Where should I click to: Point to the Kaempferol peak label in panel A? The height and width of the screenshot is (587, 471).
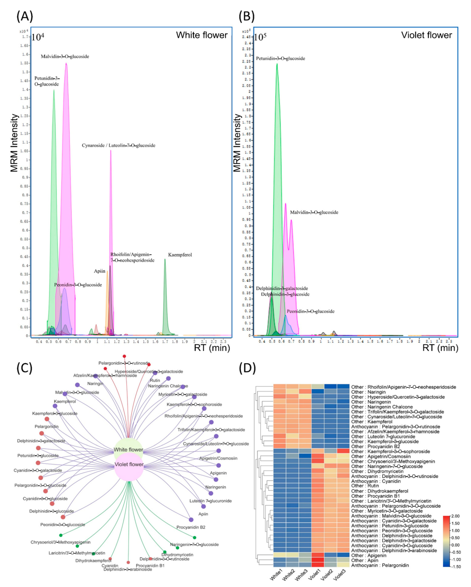pyautogui.click(x=180, y=255)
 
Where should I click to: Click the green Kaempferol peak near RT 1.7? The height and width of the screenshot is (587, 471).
pyautogui.click(x=165, y=299)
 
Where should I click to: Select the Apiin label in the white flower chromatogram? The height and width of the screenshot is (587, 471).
pyautogui.click(x=100, y=271)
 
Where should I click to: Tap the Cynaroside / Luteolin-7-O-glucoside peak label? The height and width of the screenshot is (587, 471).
pyautogui.click(x=119, y=145)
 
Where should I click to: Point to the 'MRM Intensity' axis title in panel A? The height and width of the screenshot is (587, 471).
pyautogui.click(x=14, y=143)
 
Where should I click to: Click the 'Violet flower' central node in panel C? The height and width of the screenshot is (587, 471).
pyautogui.click(x=129, y=464)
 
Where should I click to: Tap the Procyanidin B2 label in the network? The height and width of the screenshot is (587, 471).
pyautogui.click(x=191, y=527)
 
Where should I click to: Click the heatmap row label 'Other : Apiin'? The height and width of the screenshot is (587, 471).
pyautogui.click(x=364, y=560)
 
